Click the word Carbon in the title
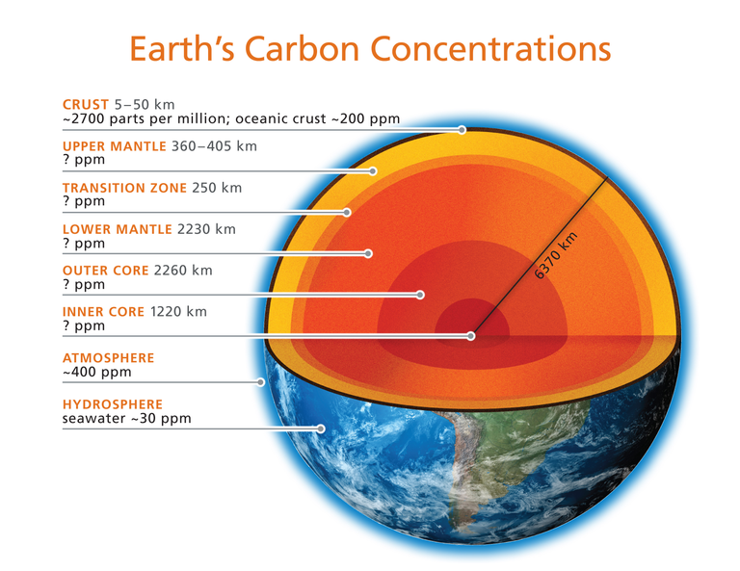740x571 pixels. (x=302, y=49)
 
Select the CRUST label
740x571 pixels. (x=86, y=104)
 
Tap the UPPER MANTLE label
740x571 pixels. (x=115, y=146)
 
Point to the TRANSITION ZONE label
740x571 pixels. (x=124, y=188)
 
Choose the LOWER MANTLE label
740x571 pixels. (x=117, y=229)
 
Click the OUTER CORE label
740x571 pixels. (x=105, y=271)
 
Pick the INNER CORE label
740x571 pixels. (x=103, y=312)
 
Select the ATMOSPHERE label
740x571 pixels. (x=108, y=358)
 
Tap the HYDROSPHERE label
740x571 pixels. (x=113, y=404)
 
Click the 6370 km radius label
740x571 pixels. (x=556, y=255)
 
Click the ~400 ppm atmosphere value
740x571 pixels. (x=96, y=372)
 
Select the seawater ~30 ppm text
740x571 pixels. (x=126, y=418)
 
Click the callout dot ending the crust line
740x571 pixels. (x=462, y=130)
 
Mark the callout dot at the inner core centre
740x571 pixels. (x=470, y=336)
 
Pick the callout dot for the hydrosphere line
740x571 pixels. (x=321, y=428)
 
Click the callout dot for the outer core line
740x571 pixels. (x=420, y=295)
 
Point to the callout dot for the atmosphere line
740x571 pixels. (x=260, y=382)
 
